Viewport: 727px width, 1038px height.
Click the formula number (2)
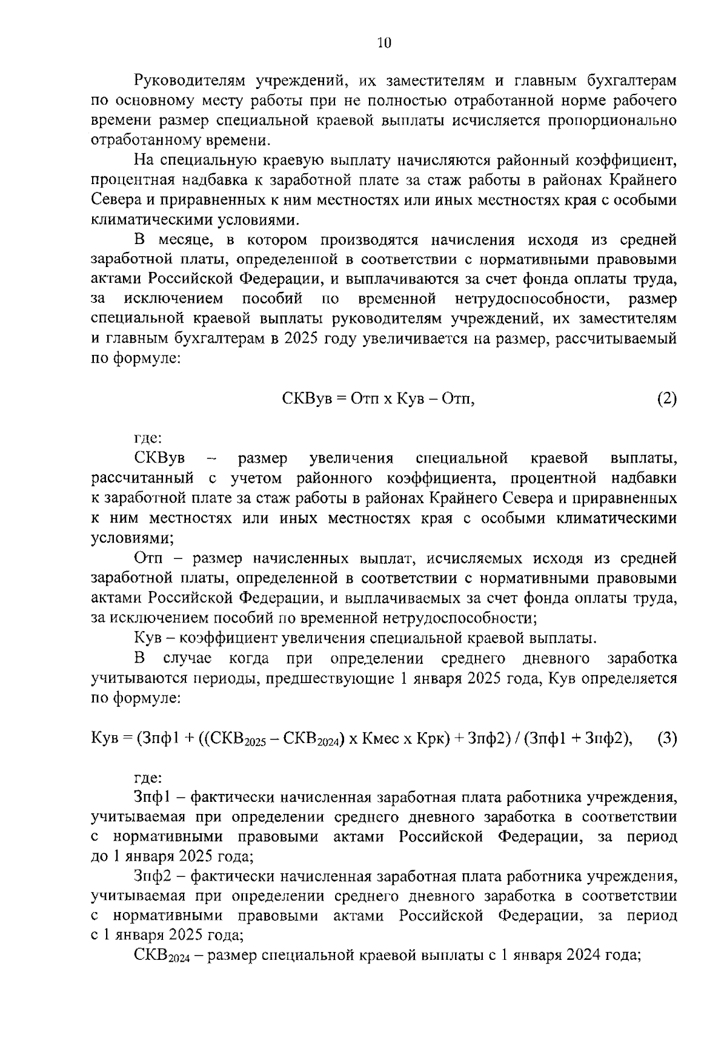[x=666, y=399]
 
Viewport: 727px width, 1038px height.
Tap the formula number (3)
[x=666, y=739]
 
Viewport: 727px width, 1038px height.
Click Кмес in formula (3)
[x=383, y=739]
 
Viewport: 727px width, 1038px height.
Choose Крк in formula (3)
[x=431, y=739]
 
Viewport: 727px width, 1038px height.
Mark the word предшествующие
[x=327, y=679]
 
